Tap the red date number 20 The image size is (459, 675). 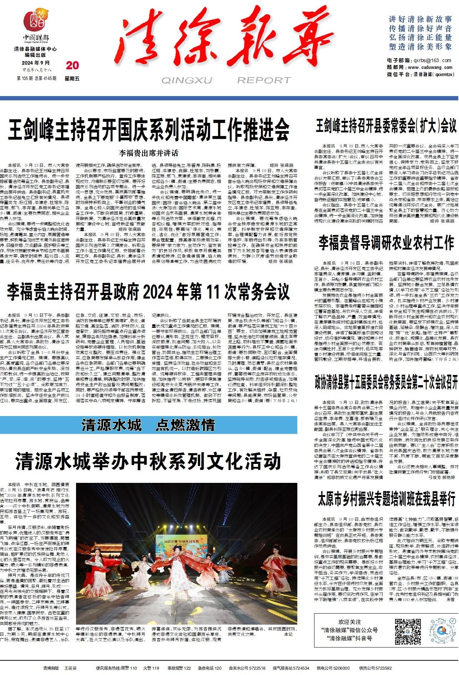72,65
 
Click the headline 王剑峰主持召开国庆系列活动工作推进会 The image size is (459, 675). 148,130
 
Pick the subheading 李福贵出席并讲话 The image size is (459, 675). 148,153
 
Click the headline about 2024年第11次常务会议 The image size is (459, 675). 148,292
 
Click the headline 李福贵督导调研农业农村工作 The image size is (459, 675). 386,243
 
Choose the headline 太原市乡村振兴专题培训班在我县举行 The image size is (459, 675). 386,499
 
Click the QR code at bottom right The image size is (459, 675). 408,632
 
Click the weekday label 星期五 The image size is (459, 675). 72,78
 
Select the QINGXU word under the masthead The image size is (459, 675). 186,80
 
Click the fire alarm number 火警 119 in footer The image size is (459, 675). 151,668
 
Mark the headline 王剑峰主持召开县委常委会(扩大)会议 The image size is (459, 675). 386,126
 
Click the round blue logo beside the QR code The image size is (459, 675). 443,631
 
